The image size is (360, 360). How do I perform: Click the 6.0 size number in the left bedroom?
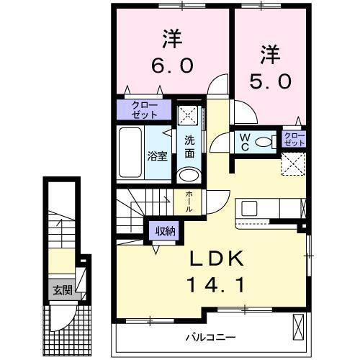pos(172,66)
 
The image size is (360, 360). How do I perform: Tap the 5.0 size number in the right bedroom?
pos(270,81)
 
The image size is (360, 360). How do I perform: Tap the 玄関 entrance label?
pos(61,291)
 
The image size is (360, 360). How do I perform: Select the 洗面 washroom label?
pos(189,146)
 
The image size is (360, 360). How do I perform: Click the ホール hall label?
pos(188,199)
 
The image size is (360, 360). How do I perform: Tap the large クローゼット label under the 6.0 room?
pos(145,110)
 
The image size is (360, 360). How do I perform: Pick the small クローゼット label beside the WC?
pos(293,138)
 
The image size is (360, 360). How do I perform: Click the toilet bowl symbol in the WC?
pos(266,143)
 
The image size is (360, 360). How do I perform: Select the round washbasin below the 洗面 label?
pos(189,176)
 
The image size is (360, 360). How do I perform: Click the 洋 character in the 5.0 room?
pos(269,53)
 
